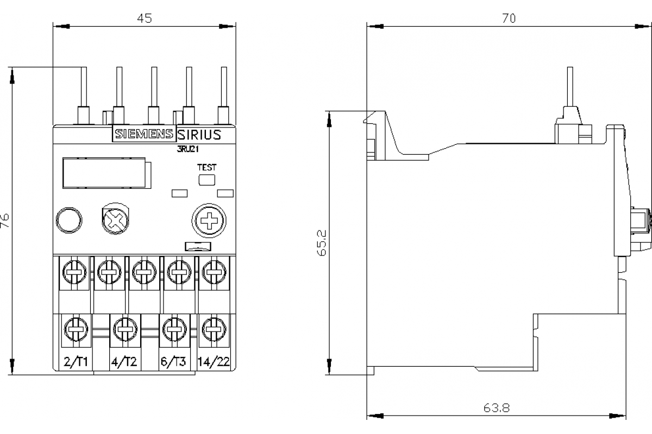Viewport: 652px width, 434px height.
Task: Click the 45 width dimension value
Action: pos(144,18)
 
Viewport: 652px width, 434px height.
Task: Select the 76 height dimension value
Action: pos(5,219)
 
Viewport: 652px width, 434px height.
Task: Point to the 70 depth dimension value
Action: pos(508,18)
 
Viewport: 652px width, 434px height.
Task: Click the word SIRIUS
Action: pos(199,135)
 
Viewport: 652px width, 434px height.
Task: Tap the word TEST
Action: pos(206,167)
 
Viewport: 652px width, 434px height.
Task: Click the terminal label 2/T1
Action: pos(76,362)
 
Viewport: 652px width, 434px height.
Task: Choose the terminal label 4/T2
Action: pos(123,362)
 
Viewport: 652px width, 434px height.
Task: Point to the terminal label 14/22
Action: pos(214,362)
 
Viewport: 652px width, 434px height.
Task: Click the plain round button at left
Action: pos(69,220)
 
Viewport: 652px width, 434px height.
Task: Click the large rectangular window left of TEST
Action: pos(104,173)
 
